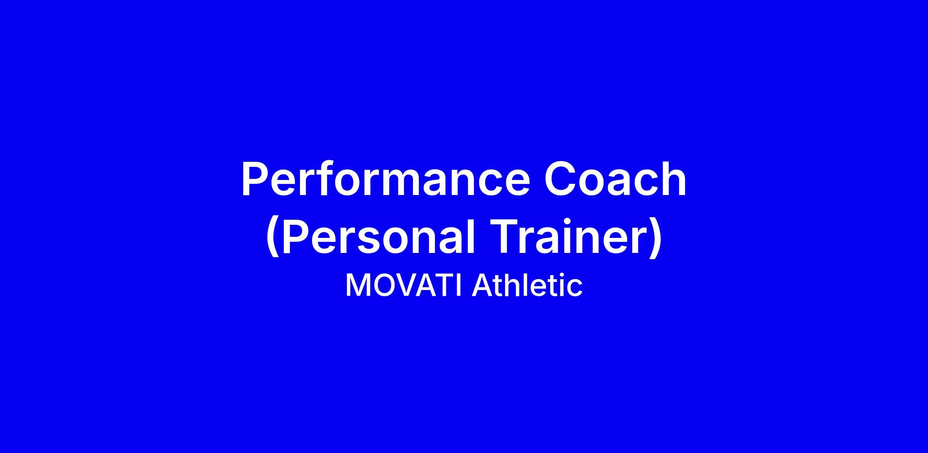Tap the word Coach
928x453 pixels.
coord(615,178)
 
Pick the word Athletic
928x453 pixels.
coord(527,286)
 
